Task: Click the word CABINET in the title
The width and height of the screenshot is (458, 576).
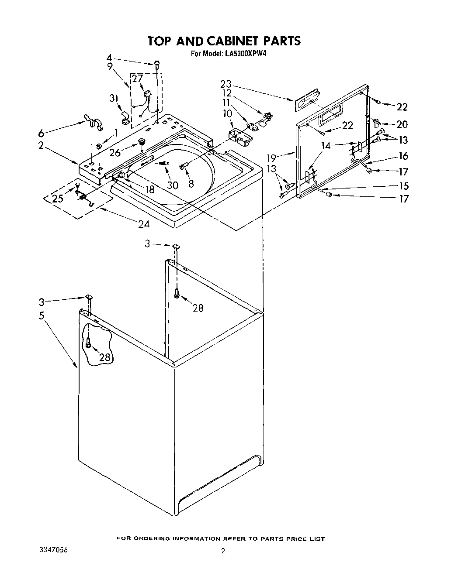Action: coord(227,41)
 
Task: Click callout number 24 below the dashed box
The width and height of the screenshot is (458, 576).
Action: coord(143,224)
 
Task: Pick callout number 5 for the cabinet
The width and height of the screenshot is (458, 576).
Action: coord(41,315)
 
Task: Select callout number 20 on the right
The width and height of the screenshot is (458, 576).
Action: coord(402,124)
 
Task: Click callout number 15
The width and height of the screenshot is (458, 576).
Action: coord(403,186)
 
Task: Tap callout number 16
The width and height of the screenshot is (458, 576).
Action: coord(403,156)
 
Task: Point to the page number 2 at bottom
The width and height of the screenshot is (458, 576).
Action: coord(223,551)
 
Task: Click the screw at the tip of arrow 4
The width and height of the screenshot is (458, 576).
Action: coord(156,64)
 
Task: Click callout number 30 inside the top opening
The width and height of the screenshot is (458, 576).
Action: coord(172,185)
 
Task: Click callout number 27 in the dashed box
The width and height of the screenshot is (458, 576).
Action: coord(137,79)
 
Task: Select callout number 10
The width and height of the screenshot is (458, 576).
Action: coord(227,113)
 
